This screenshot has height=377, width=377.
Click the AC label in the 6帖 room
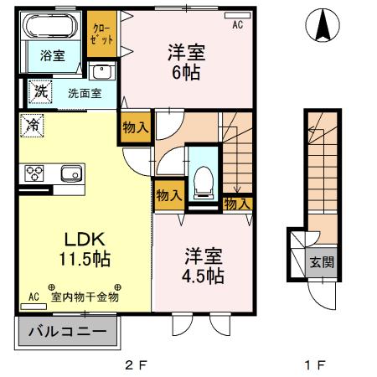(237, 25)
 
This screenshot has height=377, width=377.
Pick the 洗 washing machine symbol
(39, 90)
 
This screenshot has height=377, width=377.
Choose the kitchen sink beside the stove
(70, 173)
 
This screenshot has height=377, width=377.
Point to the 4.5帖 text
(202, 274)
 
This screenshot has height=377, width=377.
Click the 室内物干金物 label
(85, 297)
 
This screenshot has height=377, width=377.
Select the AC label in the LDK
(34, 297)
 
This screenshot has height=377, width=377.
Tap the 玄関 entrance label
(322, 261)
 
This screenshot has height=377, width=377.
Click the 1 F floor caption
(315, 365)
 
